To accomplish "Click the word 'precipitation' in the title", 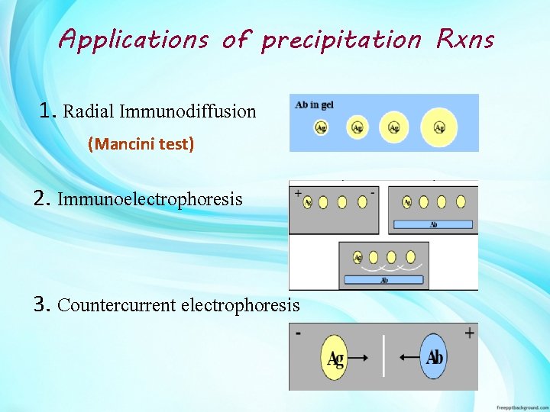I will click(x=341, y=39).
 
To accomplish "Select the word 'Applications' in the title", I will click(x=133, y=39).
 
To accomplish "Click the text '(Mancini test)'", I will click(x=141, y=143).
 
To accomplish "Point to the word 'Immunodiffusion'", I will click(x=197, y=111).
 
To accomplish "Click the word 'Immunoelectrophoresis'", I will click(x=150, y=200).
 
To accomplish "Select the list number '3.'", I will click(x=43, y=305).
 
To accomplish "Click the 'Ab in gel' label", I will click(x=315, y=105).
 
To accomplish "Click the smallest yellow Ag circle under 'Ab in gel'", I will click(x=321, y=127).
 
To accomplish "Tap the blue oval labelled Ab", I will click(x=434, y=357).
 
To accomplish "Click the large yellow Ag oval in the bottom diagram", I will click(x=335, y=357).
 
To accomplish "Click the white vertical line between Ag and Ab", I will click(x=384, y=357).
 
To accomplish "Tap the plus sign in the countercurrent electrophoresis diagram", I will click(x=468, y=332).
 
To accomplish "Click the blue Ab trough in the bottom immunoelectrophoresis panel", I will click(x=383, y=280).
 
